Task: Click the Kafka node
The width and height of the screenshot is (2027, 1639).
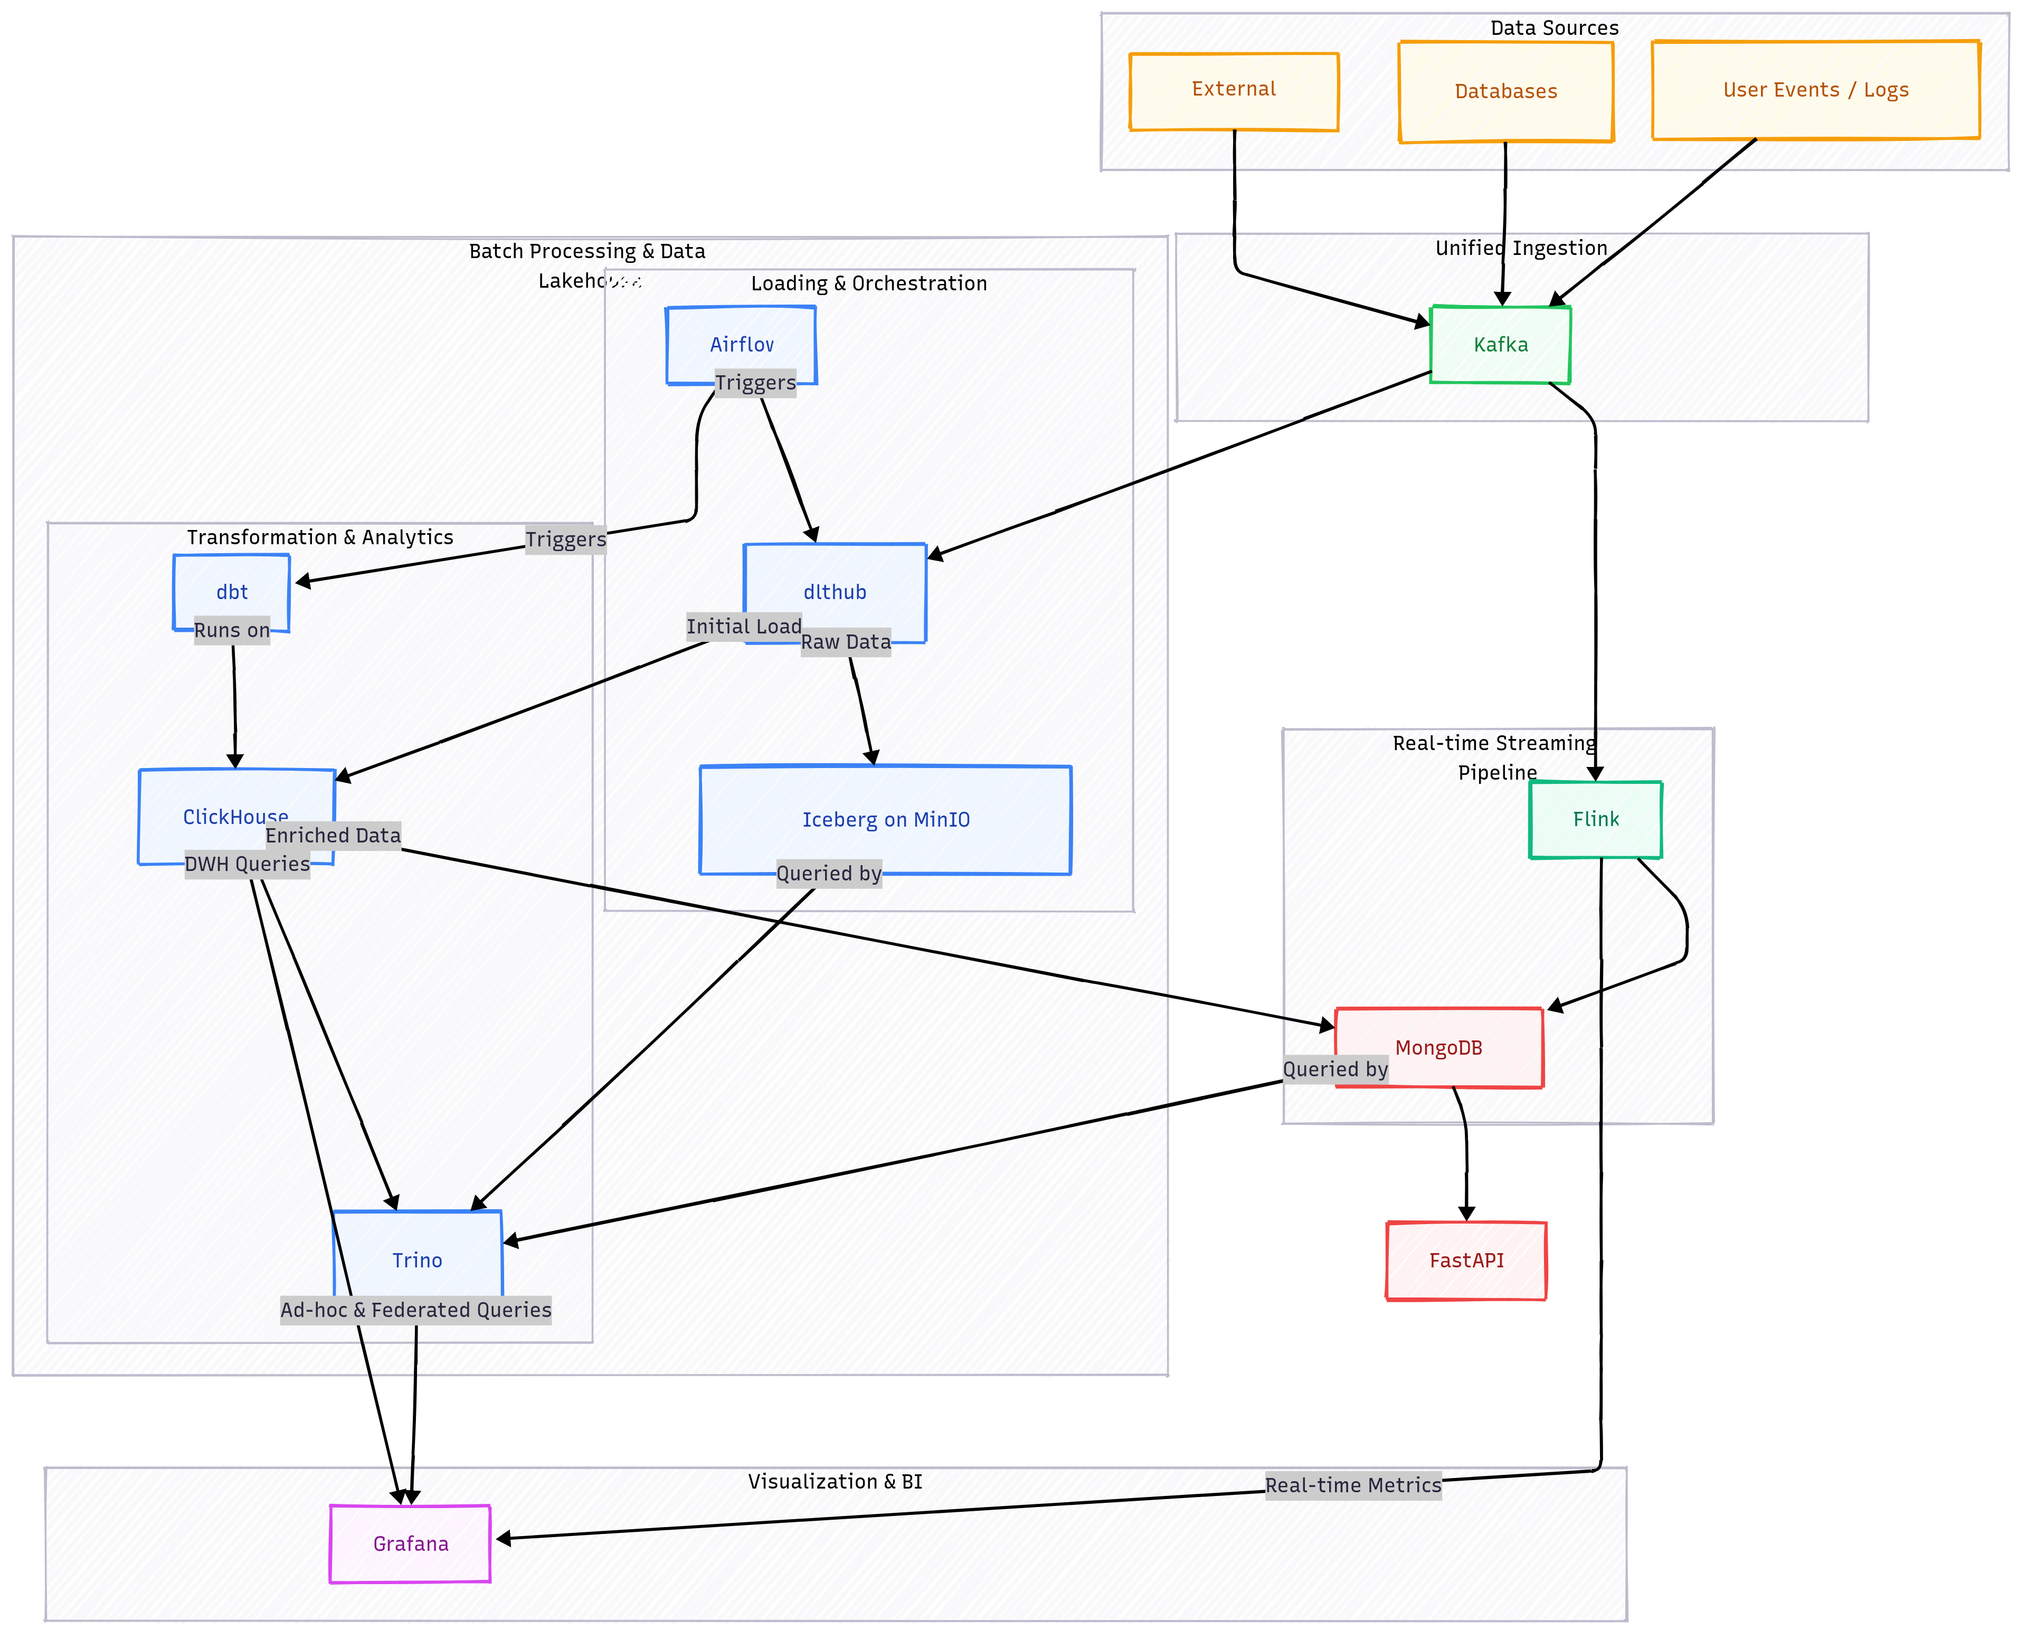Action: pyautogui.click(x=1500, y=345)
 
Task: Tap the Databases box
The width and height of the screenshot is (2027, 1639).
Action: pyautogui.click(x=1506, y=91)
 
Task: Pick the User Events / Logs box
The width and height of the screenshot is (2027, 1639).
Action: pyautogui.click(x=1815, y=91)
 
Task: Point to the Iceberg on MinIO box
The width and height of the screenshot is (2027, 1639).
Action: pyautogui.click(x=886, y=819)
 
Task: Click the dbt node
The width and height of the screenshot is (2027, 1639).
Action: pyautogui.click(x=231, y=591)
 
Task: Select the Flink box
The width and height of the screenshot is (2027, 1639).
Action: pyautogui.click(x=1596, y=819)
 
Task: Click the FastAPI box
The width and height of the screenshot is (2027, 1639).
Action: pyautogui.click(x=1466, y=1261)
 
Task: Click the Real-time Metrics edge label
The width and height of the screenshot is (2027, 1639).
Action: pyautogui.click(x=1353, y=1485)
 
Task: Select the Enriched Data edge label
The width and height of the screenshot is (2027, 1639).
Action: pyautogui.click(x=333, y=836)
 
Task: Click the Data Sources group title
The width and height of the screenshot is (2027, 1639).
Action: pyautogui.click(x=1554, y=29)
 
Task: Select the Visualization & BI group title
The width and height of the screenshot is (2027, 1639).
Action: pyautogui.click(x=835, y=1481)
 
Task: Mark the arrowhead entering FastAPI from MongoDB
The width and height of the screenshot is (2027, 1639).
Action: pyautogui.click(x=1466, y=1213)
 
